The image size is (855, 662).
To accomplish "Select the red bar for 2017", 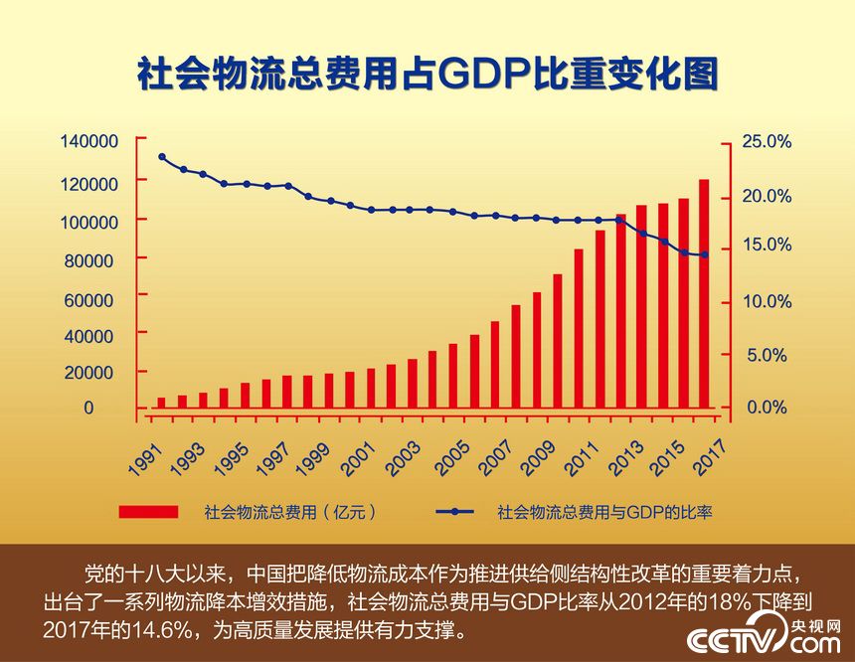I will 704,293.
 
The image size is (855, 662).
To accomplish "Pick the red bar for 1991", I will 161,402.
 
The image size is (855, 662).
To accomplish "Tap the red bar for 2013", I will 620,310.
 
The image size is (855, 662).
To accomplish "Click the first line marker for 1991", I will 161,157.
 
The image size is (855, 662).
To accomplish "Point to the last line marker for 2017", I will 704,255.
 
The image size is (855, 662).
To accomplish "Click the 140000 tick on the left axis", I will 89,141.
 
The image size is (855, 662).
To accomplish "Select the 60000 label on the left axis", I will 94,298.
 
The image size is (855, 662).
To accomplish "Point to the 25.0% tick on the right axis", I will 767,142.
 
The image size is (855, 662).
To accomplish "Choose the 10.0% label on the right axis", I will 767,301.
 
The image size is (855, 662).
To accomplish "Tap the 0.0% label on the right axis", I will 767,408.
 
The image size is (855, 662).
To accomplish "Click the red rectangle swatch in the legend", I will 148,512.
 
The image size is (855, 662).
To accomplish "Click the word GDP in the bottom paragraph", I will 533,602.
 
